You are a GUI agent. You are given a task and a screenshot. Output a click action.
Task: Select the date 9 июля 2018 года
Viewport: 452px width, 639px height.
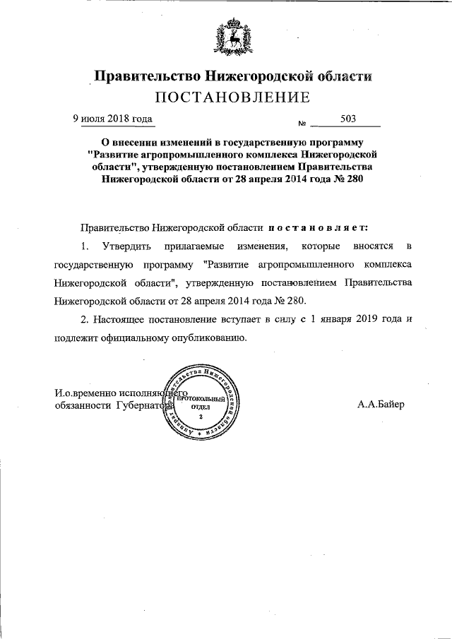tap(114, 119)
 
